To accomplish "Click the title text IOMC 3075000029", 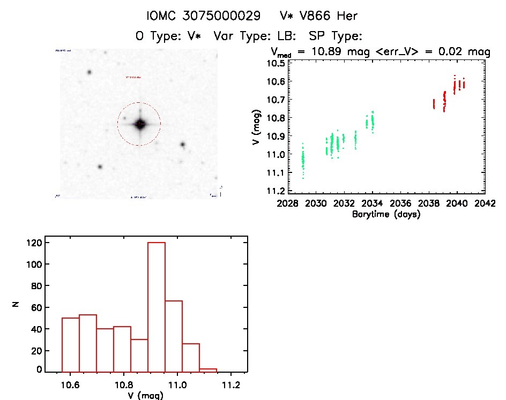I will [x=204, y=16].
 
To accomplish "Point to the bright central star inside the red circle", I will [x=140, y=124].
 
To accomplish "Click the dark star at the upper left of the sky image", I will [x=89, y=72].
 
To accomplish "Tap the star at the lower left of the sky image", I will [x=100, y=167].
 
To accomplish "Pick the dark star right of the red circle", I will [x=183, y=144].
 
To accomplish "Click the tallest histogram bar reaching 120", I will [x=157, y=305].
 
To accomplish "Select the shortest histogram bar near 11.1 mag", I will [x=208, y=369].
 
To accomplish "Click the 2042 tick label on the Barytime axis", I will [x=485, y=203].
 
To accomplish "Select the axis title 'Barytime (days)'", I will [x=386, y=214].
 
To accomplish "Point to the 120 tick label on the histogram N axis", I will [x=35, y=243].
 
